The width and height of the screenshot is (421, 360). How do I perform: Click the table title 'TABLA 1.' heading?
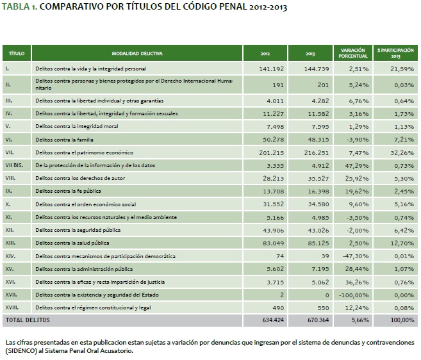coord(19,8)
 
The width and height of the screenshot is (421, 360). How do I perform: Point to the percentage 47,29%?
coord(354,165)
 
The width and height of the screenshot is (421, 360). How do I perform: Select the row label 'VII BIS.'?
coord(14,165)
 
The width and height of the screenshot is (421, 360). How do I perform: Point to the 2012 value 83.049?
coord(272,243)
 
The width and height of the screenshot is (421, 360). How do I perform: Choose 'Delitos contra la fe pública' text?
coord(70,190)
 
